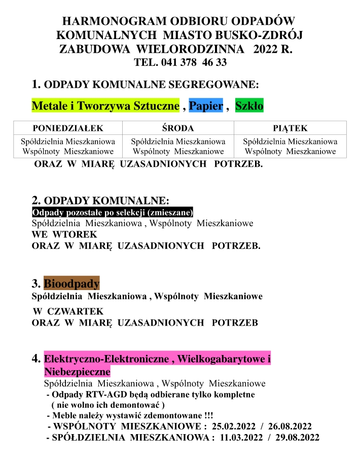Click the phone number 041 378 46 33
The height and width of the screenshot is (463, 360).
[194, 63]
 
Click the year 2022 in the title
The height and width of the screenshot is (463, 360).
[267, 50]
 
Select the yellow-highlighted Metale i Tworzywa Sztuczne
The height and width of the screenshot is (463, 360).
[105, 106]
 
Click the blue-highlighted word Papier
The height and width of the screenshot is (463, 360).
[206, 106]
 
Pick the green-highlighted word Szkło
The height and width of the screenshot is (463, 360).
[249, 106]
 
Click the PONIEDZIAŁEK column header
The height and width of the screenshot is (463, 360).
[68, 128]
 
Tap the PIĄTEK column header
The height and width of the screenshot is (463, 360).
[290, 128]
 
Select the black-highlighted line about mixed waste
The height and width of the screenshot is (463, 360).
[113, 212]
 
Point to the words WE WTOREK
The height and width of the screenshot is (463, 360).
[64, 235]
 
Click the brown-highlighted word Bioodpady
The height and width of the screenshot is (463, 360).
[71, 283]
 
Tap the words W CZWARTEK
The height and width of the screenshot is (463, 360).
[68, 311]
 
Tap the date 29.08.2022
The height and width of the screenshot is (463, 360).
[297, 438]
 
